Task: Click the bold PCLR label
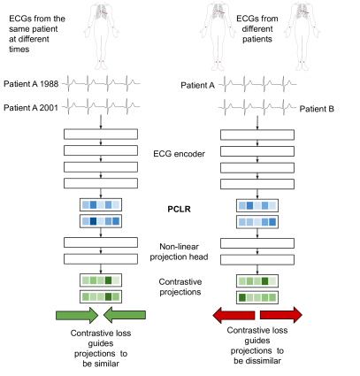pos(179,209)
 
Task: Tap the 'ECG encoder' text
pos(179,154)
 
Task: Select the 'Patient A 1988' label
pos(31,84)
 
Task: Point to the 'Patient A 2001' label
pos(31,108)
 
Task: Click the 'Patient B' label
pos(317,109)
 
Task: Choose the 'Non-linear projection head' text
pos(179,251)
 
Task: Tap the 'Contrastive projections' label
pos(180,287)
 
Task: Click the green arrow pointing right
pos(77,315)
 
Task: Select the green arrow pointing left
pos(125,315)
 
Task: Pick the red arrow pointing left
pos(234,315)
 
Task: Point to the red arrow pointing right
pos(281,315)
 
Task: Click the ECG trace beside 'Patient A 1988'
pos(101,83)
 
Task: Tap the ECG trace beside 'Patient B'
pos(257,108)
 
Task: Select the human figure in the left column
pos(101,36)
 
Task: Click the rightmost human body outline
pos(302,36)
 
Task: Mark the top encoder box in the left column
pos(101,134)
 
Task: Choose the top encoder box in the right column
pos(257,134)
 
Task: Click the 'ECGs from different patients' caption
pos(257,29)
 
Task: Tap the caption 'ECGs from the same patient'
pos(37,24)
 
